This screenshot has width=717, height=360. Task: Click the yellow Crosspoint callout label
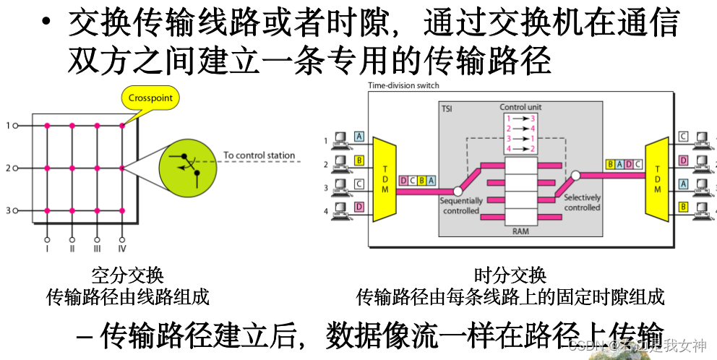[x=150, y=98]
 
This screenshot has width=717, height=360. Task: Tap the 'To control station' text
[x=259, y=155]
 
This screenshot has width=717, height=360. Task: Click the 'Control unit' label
[x=520, y=107]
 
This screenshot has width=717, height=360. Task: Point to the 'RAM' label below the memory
[x=520, y=231]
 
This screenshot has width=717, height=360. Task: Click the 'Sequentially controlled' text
[x=460, y=206]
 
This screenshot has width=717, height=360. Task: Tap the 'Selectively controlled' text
[x=582, y=202]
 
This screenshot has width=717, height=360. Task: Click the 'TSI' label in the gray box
[x=448, y=108]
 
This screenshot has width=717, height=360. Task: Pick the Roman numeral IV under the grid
[x=122, y=249]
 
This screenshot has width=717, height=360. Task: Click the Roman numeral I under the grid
[x=47, y=249]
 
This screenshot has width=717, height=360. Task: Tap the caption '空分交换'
[x=128, y=275]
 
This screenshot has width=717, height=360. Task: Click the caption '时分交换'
[x=510, y=275]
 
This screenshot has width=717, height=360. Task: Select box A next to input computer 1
[x=359, y=137]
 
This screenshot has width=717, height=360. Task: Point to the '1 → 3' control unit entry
[x=520, y=118]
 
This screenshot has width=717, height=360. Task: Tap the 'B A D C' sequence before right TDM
[x=624, y=163]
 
